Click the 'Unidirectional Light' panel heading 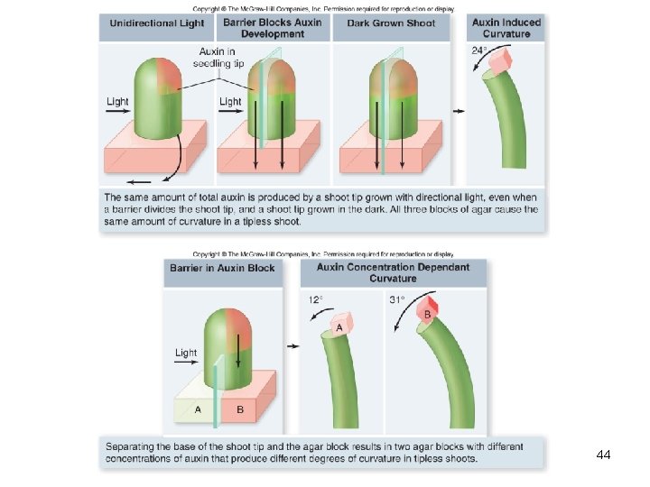pos(157,23)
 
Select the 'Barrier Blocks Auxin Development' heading pos(272,28)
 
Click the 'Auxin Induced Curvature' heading pos(506,28)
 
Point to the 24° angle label pos(478,51)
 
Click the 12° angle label pos(313,299)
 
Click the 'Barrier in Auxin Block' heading pos(222,268)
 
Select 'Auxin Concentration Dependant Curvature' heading pos(393,272)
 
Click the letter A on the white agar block pos(198,409)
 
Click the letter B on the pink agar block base pos(240,409)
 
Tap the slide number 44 pos(604,455)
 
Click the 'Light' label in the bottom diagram pos(186,353)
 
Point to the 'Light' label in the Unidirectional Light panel pos(117,102)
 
